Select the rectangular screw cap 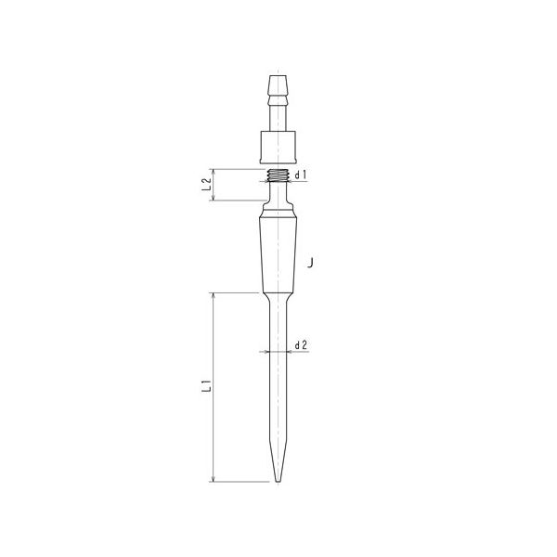click(276, 147)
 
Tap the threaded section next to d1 click(276, 175)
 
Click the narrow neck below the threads click(276, 189)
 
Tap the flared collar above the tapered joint click(276, 212)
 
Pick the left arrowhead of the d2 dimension click(266, 352)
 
